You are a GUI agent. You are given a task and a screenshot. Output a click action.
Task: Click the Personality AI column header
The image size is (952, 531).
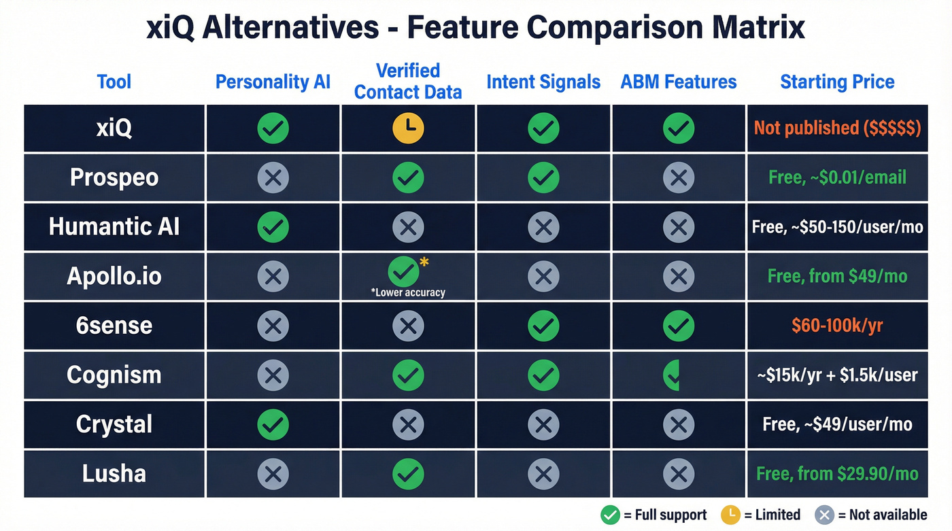tap(273, 82)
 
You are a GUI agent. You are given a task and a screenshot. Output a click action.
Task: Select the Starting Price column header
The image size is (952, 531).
tap(837, 82)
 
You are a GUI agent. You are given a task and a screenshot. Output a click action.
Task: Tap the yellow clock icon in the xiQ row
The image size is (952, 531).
tap(408, 128)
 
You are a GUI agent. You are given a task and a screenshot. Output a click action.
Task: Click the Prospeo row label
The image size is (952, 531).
tap(114, 177)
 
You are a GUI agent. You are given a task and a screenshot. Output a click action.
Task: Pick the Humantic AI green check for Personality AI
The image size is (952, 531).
tap(273, 226)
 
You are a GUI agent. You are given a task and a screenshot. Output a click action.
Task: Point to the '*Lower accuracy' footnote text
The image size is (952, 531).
tap(408, 292)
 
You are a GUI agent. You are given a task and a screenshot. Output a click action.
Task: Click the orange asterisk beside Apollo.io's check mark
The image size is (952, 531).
tap(424, 262)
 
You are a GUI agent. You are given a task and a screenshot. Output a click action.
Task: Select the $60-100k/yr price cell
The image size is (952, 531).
tap(837, 325)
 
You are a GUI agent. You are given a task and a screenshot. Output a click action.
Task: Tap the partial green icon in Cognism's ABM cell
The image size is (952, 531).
tap(672, 375)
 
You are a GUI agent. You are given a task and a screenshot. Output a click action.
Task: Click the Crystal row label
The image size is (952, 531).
tap(114, 424)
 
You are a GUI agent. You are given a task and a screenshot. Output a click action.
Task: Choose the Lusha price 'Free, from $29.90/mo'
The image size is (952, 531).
tap(837, 473)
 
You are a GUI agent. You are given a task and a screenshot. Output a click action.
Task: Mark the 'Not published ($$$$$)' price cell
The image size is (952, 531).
tap(837, 128)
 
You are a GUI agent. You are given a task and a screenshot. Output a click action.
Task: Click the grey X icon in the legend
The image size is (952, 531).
tap(824, 515)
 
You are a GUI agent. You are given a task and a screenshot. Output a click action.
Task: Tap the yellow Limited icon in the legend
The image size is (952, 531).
tap(730, 515)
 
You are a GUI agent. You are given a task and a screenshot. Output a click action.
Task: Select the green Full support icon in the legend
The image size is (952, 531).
tap(610, 515)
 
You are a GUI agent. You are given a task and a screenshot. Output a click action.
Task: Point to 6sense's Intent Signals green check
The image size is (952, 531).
tap(543, 326)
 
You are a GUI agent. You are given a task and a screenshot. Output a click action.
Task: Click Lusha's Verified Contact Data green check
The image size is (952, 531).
tap(408, 473)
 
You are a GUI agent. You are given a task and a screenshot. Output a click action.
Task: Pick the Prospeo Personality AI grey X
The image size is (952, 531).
tap(273, 177)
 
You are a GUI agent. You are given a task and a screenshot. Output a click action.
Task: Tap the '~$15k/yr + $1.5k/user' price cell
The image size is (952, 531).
tap(837, 375)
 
